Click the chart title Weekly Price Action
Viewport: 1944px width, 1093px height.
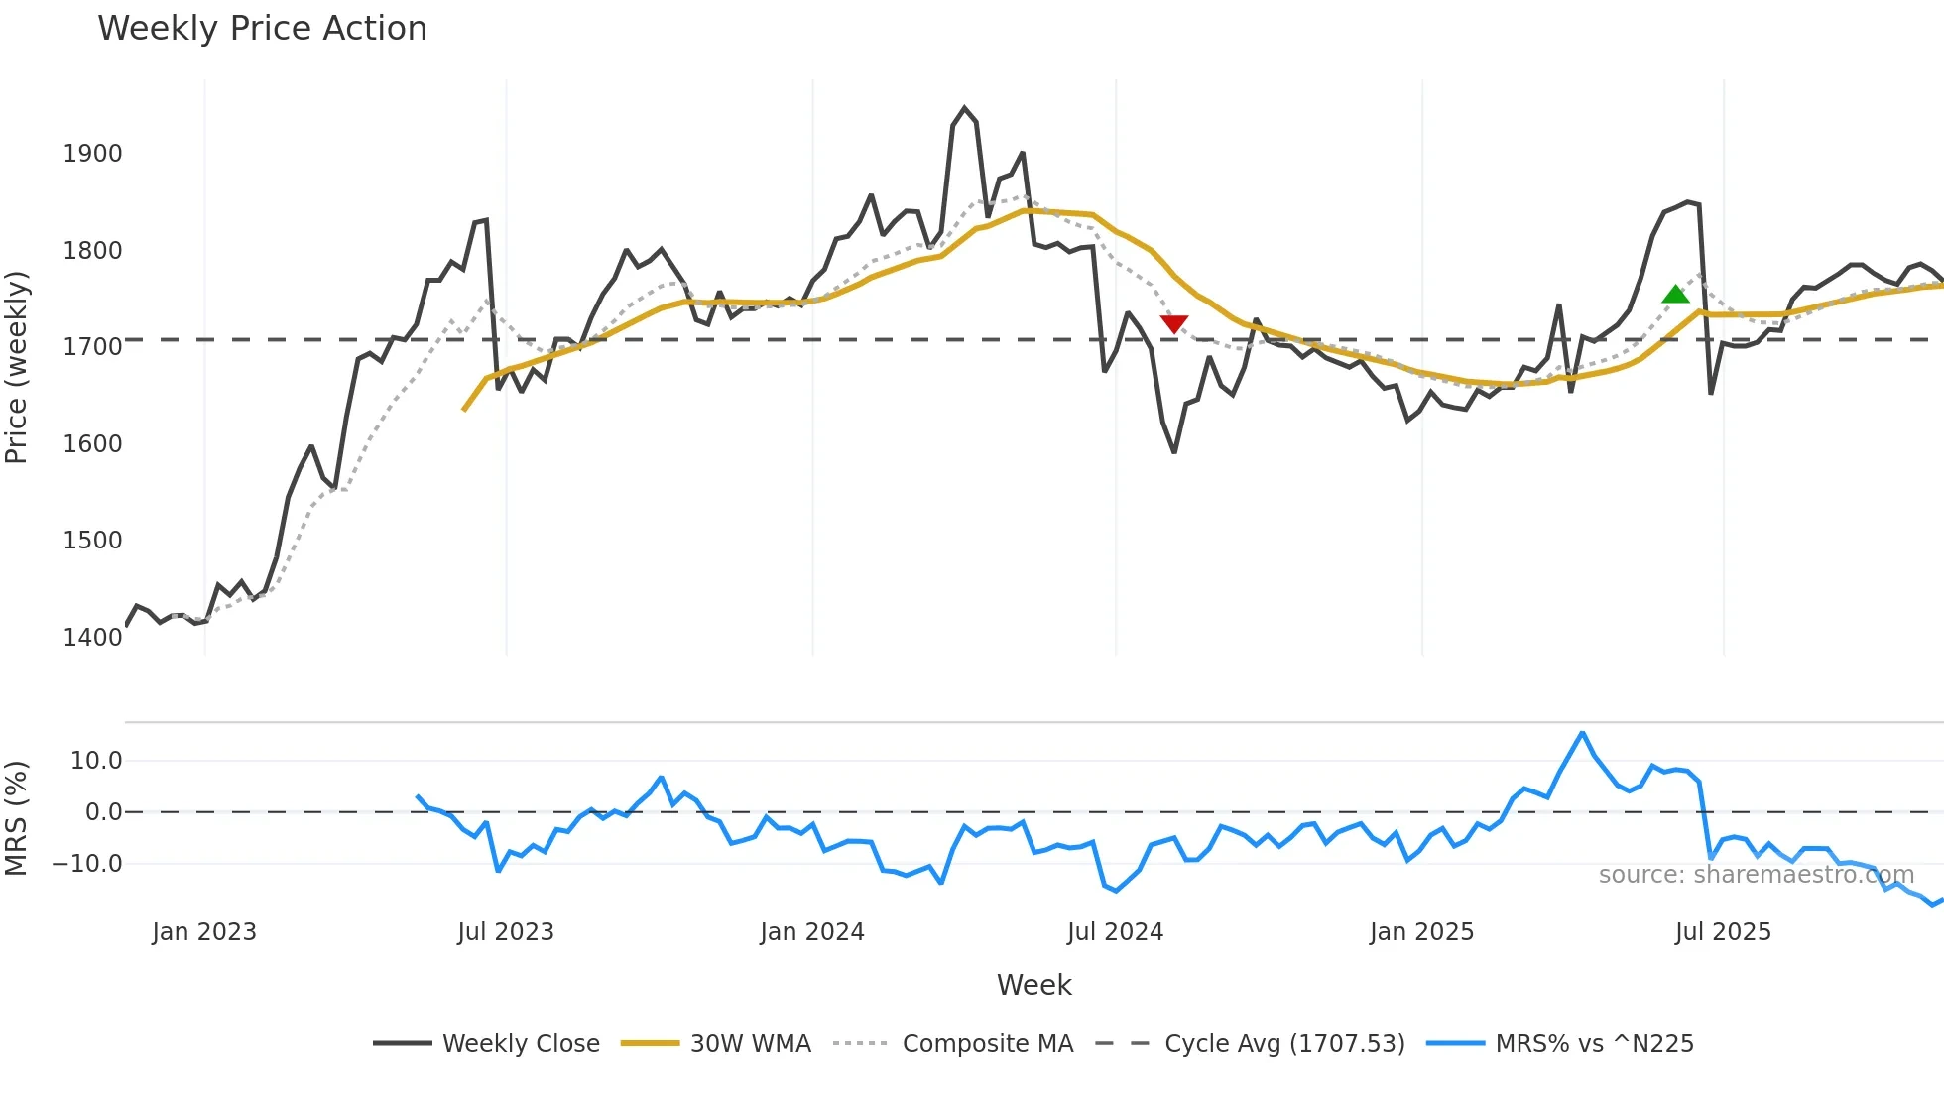(262, 29)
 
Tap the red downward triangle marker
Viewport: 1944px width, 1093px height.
(1173, 324)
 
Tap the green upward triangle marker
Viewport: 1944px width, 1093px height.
(1675, 294)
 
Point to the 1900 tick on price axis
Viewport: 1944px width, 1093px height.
(92, 154)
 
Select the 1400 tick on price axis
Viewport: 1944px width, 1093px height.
(92, 637)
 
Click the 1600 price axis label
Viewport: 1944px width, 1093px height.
(92, 443)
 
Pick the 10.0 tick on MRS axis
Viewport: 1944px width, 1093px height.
(96, 761)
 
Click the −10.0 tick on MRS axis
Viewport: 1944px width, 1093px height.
(87, 864)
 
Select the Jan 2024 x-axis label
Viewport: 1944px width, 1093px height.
(811, 932)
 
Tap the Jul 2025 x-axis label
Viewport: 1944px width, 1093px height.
(1722, 932)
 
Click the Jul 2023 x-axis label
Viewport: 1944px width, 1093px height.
(505, 932)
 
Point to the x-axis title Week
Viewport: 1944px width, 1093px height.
(1033, 985)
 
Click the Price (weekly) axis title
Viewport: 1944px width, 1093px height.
(17, 367)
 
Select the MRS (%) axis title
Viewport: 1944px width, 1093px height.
(17, 818)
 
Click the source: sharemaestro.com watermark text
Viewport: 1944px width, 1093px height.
(1756, 875)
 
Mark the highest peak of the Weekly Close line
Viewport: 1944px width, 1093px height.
(964, 108)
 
